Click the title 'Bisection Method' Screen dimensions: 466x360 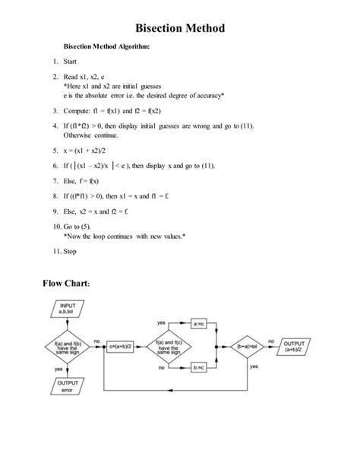coord(180,29)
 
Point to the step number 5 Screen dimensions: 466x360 coord(55,151)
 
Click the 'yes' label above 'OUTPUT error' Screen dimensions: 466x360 coord(58,370)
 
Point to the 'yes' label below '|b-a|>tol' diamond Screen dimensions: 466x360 coord(254,366)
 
